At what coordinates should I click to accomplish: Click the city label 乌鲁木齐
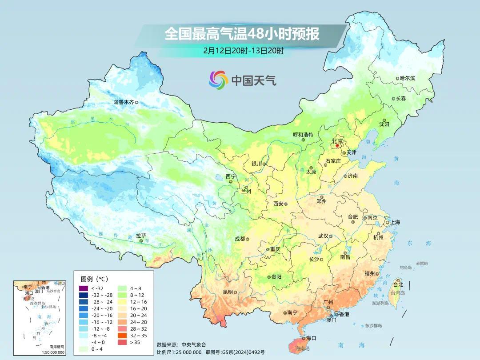(x=123, y=102)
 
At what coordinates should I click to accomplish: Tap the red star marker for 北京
(x=337, y=146)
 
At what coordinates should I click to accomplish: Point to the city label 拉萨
(x=141, y=236)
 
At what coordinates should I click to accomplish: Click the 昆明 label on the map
(x=228, y=292)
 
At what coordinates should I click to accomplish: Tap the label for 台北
(x=398, y=284)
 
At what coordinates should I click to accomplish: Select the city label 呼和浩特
(x=303, y=134)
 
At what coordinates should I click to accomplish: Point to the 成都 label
(x=240, y=239)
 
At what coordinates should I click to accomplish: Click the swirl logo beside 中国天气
(x=218, y=80)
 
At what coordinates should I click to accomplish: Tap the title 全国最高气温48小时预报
(x=242, y=34)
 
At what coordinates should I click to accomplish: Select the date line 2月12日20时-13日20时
(x=243, y=50)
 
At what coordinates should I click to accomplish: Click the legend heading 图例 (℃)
(x=94, y=279)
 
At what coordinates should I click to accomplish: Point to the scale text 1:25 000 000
(x=183, y=352)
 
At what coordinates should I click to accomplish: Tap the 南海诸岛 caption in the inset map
(x=56, y=347)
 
